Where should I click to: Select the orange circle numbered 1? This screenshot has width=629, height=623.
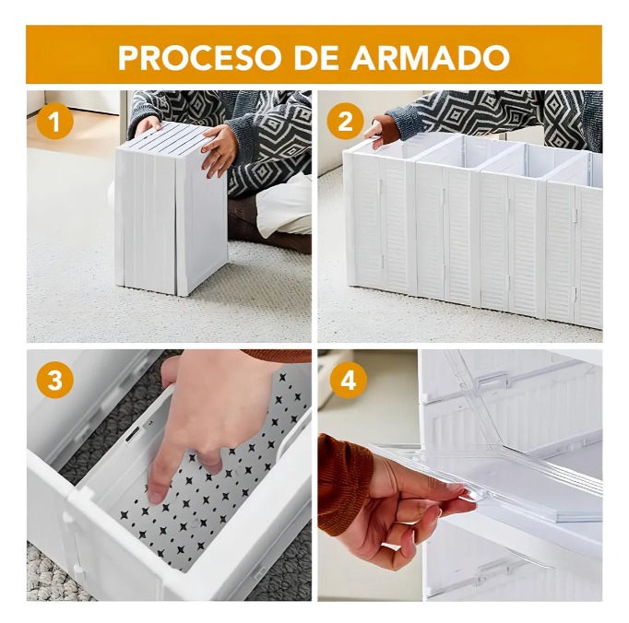55,122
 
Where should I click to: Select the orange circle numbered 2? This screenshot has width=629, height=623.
345,121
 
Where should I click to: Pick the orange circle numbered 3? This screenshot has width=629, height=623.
55,380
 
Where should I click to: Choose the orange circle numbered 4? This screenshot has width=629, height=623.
348,380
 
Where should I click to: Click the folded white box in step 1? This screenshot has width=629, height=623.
172,209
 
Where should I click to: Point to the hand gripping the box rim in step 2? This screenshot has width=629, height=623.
381,130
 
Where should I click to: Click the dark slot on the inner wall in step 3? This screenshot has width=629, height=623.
133,435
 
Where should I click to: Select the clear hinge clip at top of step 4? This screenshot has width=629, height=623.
491,381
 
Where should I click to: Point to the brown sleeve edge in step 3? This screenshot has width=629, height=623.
277,356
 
